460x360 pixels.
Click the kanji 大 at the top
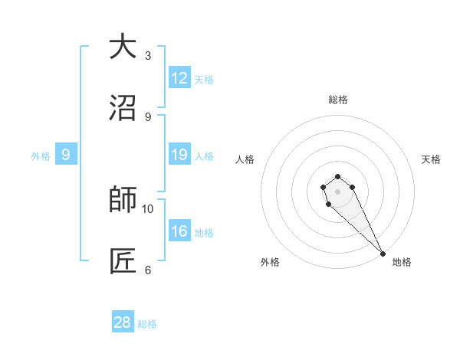pos(123,47)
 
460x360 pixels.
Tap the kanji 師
pos(123,200)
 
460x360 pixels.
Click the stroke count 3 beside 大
pos(148,56)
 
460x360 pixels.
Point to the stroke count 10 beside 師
pos(148,208)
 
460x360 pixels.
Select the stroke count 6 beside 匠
pos(148,270)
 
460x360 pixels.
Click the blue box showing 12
pos(179,78)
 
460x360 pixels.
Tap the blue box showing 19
pos(179,155)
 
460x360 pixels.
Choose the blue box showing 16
pos(179,231)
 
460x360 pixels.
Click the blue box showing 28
pos(123,322)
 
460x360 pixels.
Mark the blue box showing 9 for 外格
pos(66,155)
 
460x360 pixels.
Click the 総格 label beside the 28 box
pos(148,324)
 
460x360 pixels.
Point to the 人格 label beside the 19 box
pos(204,156)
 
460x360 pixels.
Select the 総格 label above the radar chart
pos(338,100)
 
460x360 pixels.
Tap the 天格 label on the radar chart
pos(431,159)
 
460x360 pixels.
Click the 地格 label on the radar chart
pos(402,262)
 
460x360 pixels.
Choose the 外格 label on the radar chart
pos(270,262)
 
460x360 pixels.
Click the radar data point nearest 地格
pos(383,254)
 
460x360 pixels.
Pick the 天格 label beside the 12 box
pos(204,80)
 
